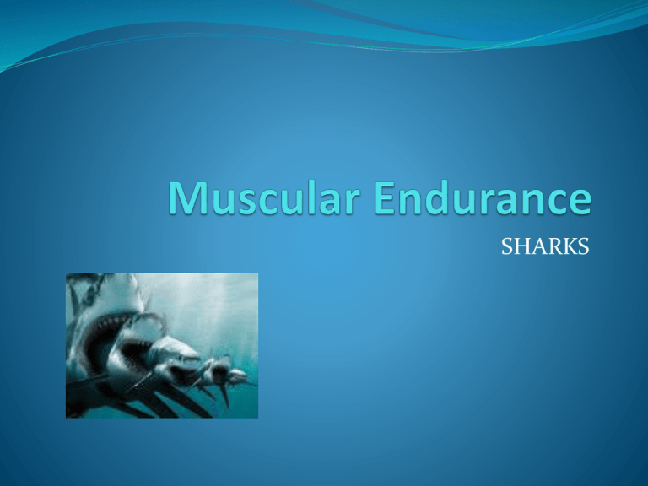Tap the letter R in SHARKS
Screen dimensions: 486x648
[x=559, y=246]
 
